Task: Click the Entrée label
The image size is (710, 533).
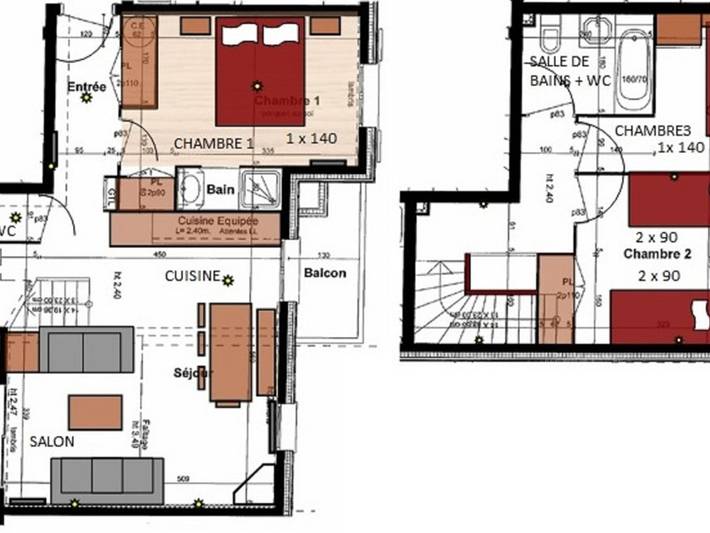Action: point(87,86)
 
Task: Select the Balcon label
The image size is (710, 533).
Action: point(325,273)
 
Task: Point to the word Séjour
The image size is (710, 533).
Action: point(191,373)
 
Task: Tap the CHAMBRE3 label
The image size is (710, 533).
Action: point(652,131)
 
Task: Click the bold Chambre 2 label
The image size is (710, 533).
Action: point(651,254)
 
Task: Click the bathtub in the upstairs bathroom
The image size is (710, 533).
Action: point(632,70)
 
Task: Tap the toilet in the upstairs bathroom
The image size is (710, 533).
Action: point(548,41)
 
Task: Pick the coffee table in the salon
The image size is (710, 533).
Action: point(95,411)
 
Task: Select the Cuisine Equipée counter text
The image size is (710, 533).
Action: point(217,220)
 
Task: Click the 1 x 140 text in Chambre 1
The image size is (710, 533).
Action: point(311,138)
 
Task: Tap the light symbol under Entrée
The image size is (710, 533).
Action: point(87,98)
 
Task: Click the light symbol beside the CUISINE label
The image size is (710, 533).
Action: point(229,280)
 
